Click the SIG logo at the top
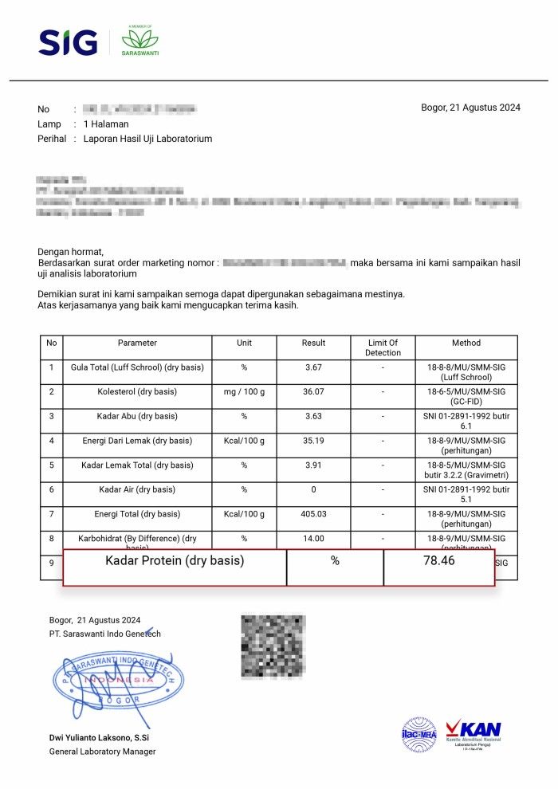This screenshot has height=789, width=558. [68, 42]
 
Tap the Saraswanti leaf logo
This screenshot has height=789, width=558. [139, 41]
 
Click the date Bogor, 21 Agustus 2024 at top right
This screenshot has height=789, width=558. [470, 108]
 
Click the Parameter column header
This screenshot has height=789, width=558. [137, 343]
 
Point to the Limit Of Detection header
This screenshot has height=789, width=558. [383, 347]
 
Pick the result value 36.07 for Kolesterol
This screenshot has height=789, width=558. [313, 392]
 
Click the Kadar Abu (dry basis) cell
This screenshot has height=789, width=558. [137, 417]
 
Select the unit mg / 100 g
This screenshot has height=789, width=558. [244, 392]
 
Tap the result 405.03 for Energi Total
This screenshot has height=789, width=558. [313, 514]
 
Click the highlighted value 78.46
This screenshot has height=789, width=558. [439, 561]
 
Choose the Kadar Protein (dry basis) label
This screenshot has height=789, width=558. [175, 561]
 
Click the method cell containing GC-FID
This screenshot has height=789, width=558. [466, 397]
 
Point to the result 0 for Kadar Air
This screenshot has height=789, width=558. [313, 489]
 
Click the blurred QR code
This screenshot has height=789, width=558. [273, 646]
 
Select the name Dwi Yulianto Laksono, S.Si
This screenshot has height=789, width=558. [103, 738]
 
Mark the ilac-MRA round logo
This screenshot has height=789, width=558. [419, 735]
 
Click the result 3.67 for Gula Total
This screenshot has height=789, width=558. [313, 367]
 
